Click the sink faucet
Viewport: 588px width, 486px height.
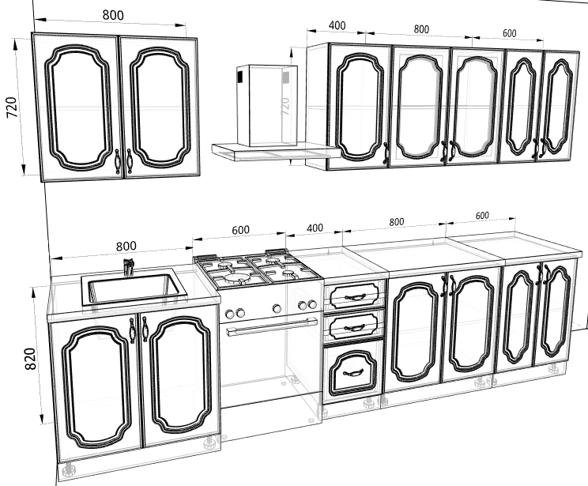128,266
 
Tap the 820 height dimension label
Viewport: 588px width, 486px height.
30,359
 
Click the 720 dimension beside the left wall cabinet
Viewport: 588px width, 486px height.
12,107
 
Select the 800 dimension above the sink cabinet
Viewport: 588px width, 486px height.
126,247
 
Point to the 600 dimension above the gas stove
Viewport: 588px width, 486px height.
240,230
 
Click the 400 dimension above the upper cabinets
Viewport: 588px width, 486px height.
337,25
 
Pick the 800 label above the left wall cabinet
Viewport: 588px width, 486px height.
113,15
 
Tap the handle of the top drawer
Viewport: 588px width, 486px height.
354,297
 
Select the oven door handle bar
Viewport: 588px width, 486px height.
272,326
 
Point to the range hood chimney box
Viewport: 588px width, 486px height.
267,106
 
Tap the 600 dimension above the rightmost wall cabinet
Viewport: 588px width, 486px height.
509,33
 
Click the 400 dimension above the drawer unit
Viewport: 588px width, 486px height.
315,228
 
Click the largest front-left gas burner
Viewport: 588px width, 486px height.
236,278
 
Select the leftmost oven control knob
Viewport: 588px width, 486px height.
229,314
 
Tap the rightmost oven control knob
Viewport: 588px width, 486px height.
312,304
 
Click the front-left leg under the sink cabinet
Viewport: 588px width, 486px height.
69,469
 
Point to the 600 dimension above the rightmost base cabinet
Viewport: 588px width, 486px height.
482,216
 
